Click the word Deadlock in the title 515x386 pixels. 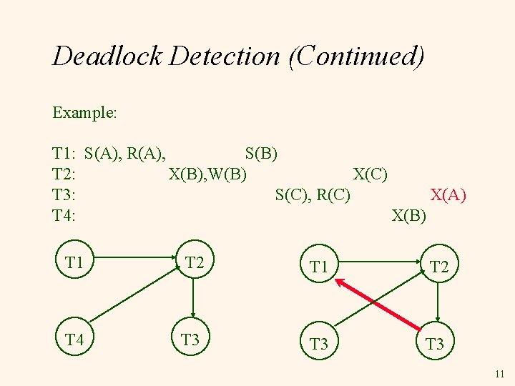coord(108,56)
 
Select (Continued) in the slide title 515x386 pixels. coord(356,56)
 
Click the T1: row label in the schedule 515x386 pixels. coord(65,153)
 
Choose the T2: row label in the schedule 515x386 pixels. coord(65,174)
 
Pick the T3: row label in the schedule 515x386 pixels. coord(65,194)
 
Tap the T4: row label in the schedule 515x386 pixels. coord(65,215)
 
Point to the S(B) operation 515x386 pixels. coord(261,153)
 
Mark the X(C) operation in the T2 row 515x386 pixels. coord(371,174)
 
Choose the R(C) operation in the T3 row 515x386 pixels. coord(333,194)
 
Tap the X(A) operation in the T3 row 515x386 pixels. coord(448,194)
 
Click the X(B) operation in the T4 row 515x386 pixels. coord(409,215)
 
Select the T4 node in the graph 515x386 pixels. coord(74,340)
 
